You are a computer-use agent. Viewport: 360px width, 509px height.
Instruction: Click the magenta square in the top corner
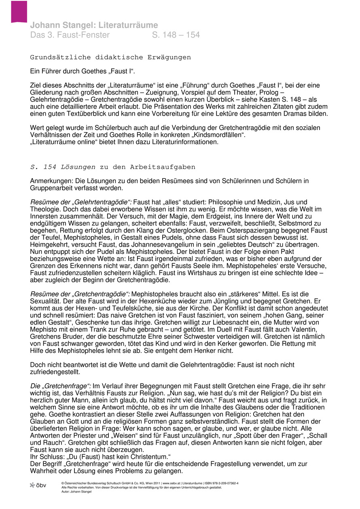tap(19, 11)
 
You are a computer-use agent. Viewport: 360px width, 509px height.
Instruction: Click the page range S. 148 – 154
tap(176, 35)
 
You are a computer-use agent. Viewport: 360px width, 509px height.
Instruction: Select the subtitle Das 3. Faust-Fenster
tap(70, 35)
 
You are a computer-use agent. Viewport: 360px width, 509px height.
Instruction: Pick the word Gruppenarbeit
tap(54, 188)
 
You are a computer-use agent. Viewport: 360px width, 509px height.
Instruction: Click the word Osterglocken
tap(165, 230)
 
